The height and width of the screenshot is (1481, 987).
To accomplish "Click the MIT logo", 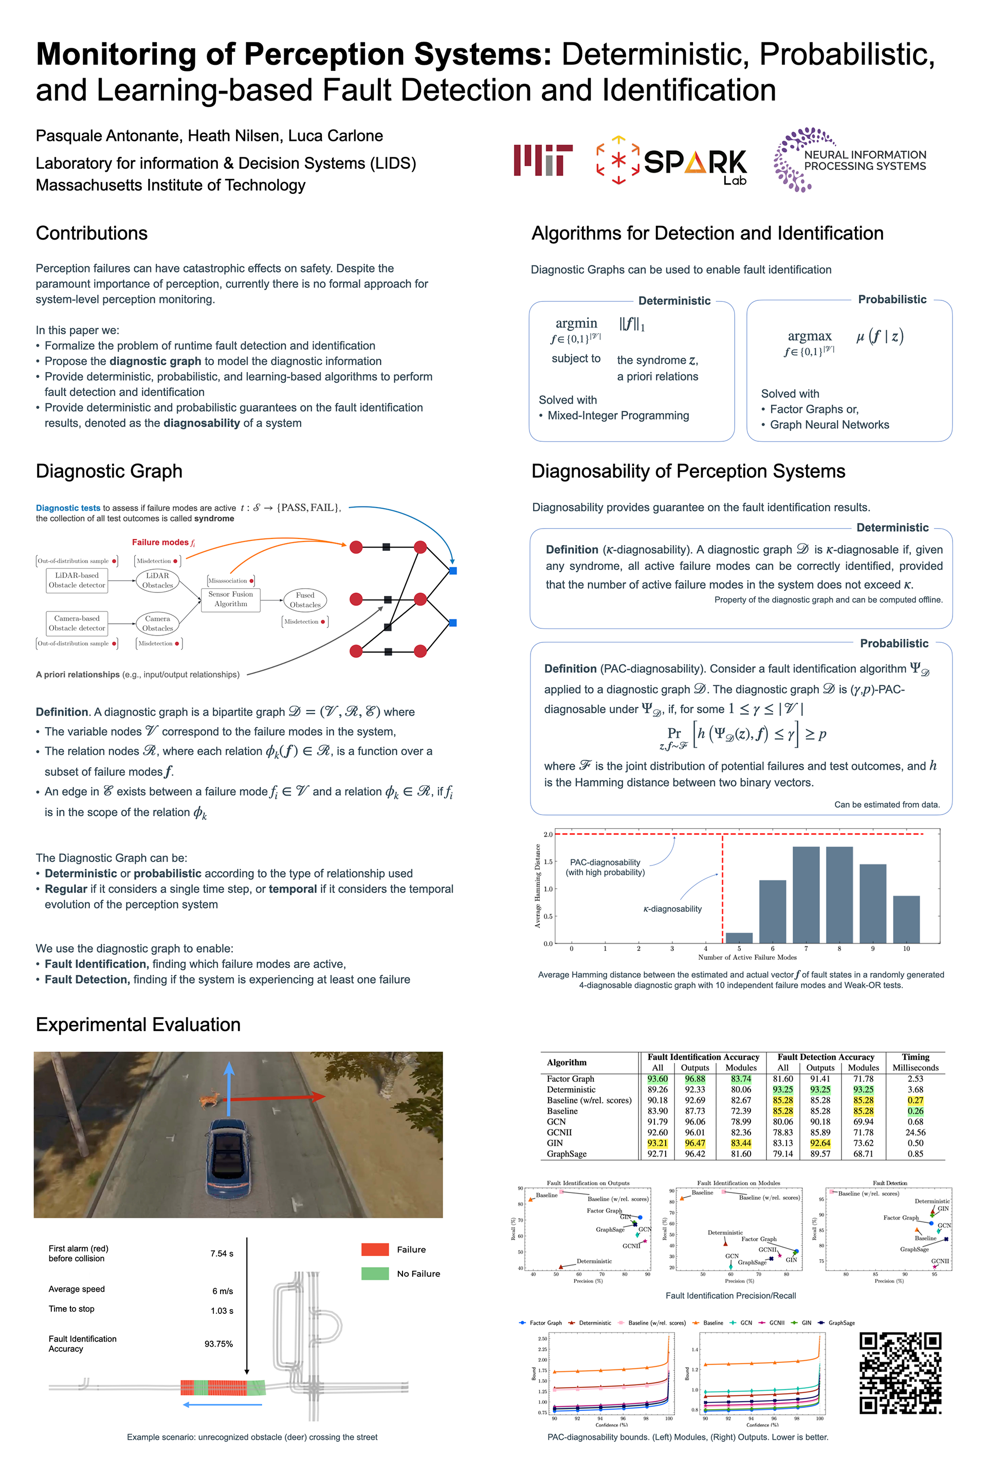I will tap(543, 160).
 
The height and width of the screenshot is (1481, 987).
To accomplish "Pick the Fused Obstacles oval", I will tap(305, 600).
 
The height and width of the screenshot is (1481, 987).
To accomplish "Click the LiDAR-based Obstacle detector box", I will tap(77, 580).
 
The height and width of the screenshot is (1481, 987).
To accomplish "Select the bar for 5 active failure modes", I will tap(739, 937).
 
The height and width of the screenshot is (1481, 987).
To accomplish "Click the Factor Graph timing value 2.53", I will tap(915, 1079).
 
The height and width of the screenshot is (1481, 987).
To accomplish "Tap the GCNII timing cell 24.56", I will tap(915, 1132).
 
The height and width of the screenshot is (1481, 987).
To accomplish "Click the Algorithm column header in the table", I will tap(566, 1062).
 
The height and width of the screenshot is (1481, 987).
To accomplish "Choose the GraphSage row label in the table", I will tap(566, 1153).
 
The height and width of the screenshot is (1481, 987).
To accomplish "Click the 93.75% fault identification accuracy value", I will tap(218, 1344).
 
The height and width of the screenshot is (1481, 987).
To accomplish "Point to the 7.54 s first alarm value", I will tap(222, 1254).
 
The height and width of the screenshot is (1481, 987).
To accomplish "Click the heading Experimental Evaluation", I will tap(138, 1024).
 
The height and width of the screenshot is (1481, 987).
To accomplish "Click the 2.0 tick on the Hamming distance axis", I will tap(547, 834).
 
